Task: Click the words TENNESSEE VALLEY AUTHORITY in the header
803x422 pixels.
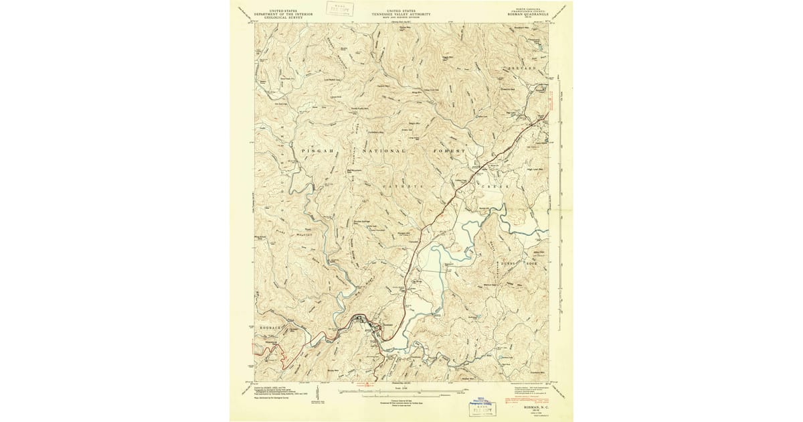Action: click(x=401, y=14)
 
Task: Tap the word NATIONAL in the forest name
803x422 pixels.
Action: click(x=383, y=151)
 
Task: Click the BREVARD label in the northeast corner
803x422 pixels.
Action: click(x=521, y=69)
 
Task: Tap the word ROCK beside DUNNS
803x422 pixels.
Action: click(x=532, y=264)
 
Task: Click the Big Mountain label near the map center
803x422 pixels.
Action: click(x=353, y=171)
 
